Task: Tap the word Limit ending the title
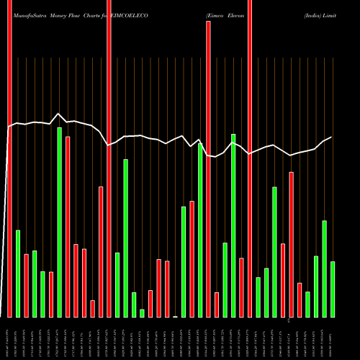pyautogui.click(x=341, y=6)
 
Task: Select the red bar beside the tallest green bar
pyautogui.click(x=68, y=227)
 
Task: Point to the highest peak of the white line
pyautogui.click(x=59, y=114)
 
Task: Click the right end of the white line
pyautogui.click(x=332, y=138)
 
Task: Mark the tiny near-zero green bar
pyautogui.click(x=175, y=316)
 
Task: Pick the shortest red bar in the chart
pyautogui.click(x=92, y=309)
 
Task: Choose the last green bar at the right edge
pyautogui.click(x=333, y=289)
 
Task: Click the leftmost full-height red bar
pyautogui.click(x=9, y=158)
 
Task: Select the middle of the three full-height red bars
pyautogui.click(x=109, y=158)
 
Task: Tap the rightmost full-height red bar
pyautogui.click(x=250, y=158)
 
